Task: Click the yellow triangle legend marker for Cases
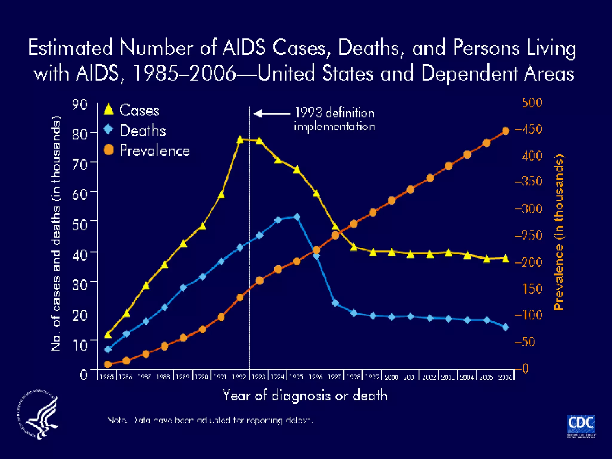point(108,109)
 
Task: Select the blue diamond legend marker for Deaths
point(108,129)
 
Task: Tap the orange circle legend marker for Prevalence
point(108,150)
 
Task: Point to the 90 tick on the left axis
point(80,105)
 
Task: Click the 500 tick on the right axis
point(532,103)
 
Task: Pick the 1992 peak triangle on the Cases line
point(240,140)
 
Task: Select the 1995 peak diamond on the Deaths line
point(297,217)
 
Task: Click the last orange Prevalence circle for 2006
point(506,131)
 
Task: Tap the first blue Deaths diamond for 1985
point(108,349)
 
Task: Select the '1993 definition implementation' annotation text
point(334,120)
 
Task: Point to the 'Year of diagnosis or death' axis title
point(305,396)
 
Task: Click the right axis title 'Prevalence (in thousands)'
point(559,232)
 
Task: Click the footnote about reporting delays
point(210,420)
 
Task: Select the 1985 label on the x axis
point(107,377)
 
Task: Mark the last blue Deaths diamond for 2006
point(506,327)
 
